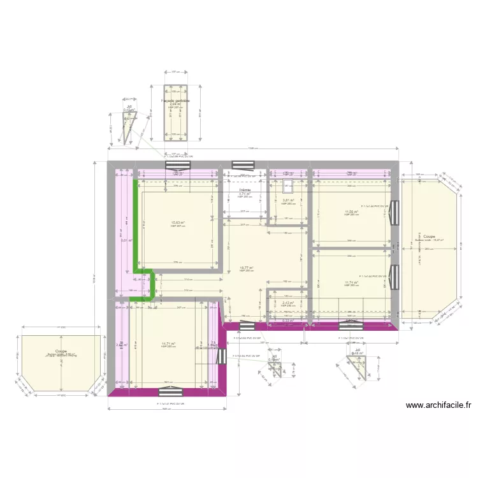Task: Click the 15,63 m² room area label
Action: click(177, 222)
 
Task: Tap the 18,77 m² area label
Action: click(246, 268)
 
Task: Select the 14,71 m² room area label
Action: click(168, 344)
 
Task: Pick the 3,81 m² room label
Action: click(289, 201)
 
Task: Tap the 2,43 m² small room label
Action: click(288, 303)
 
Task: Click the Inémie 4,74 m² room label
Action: click(245, 192)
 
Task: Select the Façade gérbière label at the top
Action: click(175, 101)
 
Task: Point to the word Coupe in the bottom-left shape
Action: click(61, 351)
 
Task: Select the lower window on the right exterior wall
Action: click(395, 275)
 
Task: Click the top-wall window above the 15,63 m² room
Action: click(178, 165)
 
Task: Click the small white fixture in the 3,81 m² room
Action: click(288, 186)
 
